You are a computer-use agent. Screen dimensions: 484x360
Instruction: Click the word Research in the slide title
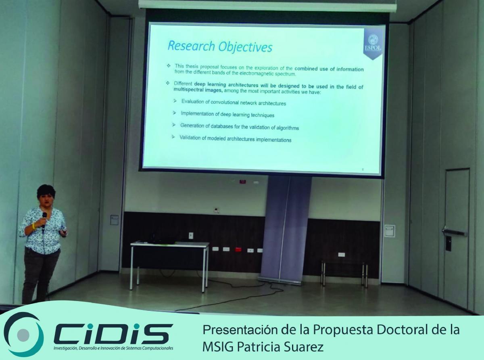191,46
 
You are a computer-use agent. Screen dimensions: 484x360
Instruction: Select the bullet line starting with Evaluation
234,102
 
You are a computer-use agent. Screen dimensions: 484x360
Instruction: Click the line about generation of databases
240,126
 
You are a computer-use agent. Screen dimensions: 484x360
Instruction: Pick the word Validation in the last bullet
190,138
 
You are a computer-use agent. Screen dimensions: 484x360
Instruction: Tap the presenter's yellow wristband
33,226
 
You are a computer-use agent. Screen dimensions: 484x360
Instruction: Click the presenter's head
46,195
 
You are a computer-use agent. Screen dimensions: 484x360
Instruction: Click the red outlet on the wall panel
238,249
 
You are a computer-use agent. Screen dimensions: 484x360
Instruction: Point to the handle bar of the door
455,232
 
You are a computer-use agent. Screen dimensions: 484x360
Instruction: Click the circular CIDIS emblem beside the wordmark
23,334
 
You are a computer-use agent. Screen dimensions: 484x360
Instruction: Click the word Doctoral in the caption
402,330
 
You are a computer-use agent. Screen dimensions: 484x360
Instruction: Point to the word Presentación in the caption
240,330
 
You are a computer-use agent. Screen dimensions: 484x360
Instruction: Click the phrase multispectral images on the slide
198,90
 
